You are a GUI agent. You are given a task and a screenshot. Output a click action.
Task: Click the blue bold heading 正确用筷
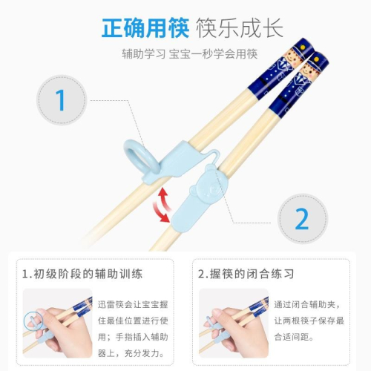[x=145, y=27]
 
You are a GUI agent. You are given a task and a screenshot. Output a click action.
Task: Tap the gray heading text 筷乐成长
[x=240, y=27]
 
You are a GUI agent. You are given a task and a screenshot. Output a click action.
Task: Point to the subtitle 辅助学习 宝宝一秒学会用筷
[x=190, y=54]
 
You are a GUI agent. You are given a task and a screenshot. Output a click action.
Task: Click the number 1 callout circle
[x=62, y=100]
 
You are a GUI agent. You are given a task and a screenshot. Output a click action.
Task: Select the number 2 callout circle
[x=302, y=219]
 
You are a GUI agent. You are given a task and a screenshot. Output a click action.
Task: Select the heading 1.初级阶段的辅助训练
[x=82, y=274]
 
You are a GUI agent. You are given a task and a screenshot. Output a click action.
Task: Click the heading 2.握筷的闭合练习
[x=246, y=274]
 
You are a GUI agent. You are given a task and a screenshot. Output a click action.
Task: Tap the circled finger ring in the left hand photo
[x=33, y=321]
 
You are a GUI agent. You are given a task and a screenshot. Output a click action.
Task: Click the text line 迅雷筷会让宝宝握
[x=133, y=304]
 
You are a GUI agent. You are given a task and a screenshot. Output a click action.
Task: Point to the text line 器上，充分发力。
[x=131, y=353]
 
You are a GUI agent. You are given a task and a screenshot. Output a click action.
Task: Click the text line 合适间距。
[x=294, y=337]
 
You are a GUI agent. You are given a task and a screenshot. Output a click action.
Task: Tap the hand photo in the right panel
[x=234, y=324]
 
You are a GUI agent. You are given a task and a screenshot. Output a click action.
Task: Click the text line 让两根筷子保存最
[x=309, y=321]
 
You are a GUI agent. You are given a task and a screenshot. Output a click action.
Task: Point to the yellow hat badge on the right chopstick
[x=317, y=59]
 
